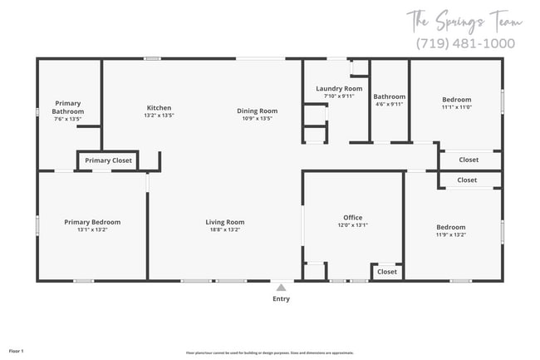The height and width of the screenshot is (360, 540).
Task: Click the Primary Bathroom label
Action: (68, 107)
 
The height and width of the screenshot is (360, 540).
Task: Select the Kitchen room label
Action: (159, 108)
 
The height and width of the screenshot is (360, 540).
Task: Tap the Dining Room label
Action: (257, 111)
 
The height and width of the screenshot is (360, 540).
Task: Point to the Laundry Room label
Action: (339, 88)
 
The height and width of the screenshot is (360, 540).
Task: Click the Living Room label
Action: (225, 222)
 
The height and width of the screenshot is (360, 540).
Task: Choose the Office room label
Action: (353, 218)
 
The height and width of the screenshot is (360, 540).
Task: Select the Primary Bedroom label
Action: (92, 222)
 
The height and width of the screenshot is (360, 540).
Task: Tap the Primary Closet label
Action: (108, 160)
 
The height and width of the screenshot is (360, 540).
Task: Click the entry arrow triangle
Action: (281, 287)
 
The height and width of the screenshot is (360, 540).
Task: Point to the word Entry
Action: (281, 298)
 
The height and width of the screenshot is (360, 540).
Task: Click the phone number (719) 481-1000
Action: (464, 43)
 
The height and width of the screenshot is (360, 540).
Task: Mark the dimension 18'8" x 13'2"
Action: (225, 229)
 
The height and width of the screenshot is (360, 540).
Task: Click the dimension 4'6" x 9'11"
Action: (389, 104)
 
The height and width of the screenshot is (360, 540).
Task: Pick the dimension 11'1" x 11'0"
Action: (456, 106)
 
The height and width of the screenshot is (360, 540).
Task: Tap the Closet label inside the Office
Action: (387, 272)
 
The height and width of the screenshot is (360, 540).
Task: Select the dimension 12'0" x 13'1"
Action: (353, 225)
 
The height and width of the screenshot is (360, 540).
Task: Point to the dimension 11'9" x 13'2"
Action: (451, 234)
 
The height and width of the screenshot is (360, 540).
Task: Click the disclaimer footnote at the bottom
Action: (269, 353)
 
